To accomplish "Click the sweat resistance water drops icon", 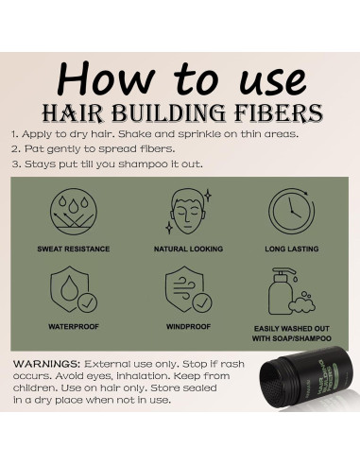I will click(x=73, y=213).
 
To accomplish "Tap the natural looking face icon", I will click(x=180, y=213).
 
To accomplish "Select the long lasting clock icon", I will click(x=289, y=213).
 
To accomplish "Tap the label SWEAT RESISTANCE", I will click(x=73, y=250).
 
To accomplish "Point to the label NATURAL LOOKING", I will click(x=180, y=250).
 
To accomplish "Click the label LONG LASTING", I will click(x=289, y=250).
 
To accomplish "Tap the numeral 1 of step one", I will click(x=14, y=134).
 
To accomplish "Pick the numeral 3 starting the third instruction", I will click(x=14, y=164).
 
